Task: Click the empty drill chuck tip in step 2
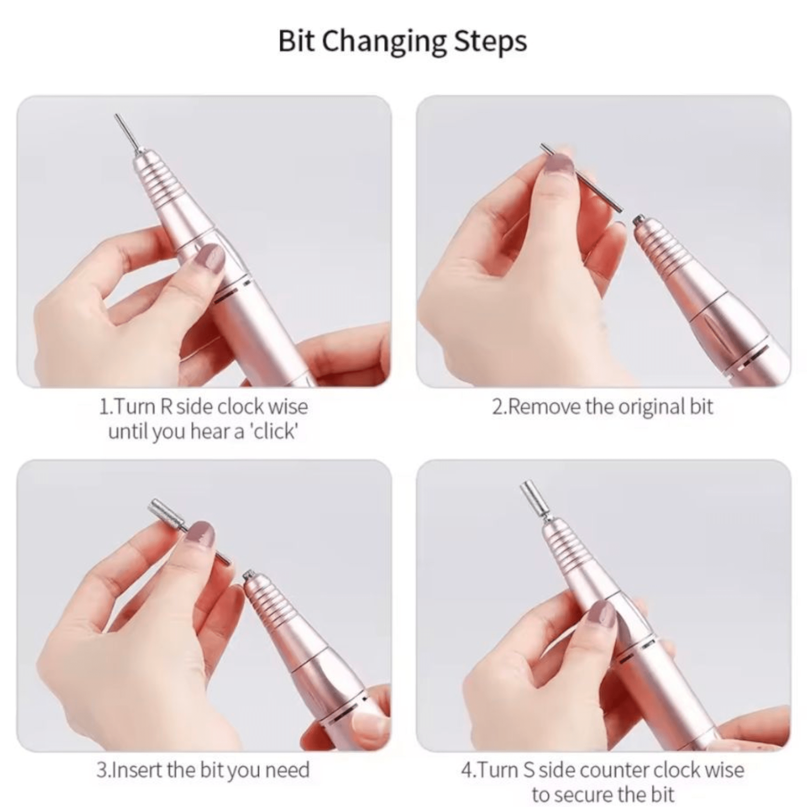tap(639, 221)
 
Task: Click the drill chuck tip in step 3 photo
tap(249, 576)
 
